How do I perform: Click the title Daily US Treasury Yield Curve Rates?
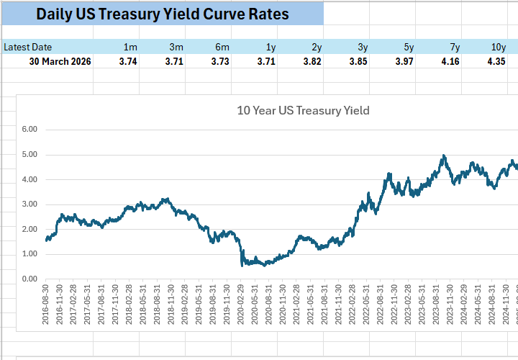click(162, 14)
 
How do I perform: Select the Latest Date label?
click(28, 48)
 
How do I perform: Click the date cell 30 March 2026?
click(60, 62)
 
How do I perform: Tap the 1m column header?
click(130, 48)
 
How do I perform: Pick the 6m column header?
click(222, 48)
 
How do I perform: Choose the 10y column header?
click(498, 48)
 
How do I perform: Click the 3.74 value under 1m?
click(127, 62)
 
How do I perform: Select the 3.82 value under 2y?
click(312, 62)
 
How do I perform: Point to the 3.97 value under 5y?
click(404, 62)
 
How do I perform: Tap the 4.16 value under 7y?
click(450, 62)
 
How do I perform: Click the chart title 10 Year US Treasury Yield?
click(303, 110)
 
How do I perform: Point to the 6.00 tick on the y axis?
click(29, 130)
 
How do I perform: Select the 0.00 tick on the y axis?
click(29, 279)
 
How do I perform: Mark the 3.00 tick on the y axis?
click(29, 204)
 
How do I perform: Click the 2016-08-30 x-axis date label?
click(47, 304)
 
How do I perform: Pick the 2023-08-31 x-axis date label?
click(438, 304)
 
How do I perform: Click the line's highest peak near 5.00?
click(444, 156)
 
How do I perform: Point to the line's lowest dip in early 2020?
click(242, 265)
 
